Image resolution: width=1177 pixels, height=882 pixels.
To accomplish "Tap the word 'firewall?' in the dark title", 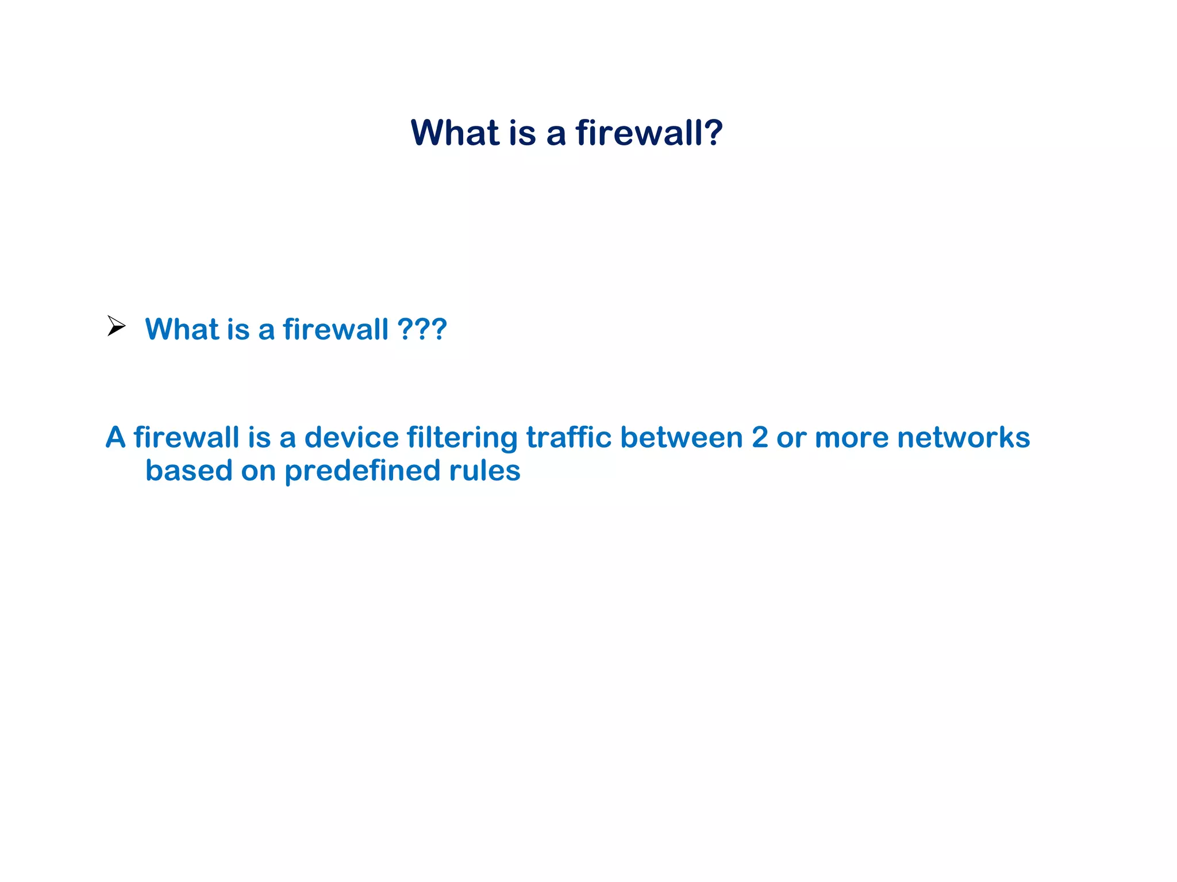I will (649, 133).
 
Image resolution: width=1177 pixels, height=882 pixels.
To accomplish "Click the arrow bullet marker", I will (116, 326).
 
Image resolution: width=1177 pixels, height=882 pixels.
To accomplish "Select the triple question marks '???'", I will (422, 329).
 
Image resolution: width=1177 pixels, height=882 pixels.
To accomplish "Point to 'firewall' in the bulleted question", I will (336, 329).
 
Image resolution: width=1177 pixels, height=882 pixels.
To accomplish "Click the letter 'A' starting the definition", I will (116, 437).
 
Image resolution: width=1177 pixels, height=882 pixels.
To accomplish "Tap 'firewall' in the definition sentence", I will (186, 437).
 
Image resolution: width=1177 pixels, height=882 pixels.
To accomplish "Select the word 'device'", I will (351, 437).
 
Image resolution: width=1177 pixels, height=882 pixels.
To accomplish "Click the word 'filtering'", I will (462, 438).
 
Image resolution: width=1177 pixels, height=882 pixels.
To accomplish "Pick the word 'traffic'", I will (569, 437).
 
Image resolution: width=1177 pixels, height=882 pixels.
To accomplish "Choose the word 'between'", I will (682, 437).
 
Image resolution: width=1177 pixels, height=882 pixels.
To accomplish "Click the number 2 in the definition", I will (760, 437).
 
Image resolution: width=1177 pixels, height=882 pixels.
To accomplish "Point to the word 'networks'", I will (963, 437).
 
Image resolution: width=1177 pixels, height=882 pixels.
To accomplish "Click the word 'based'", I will (189, 471).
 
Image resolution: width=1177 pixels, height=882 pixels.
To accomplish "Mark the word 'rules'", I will (484, 471).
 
